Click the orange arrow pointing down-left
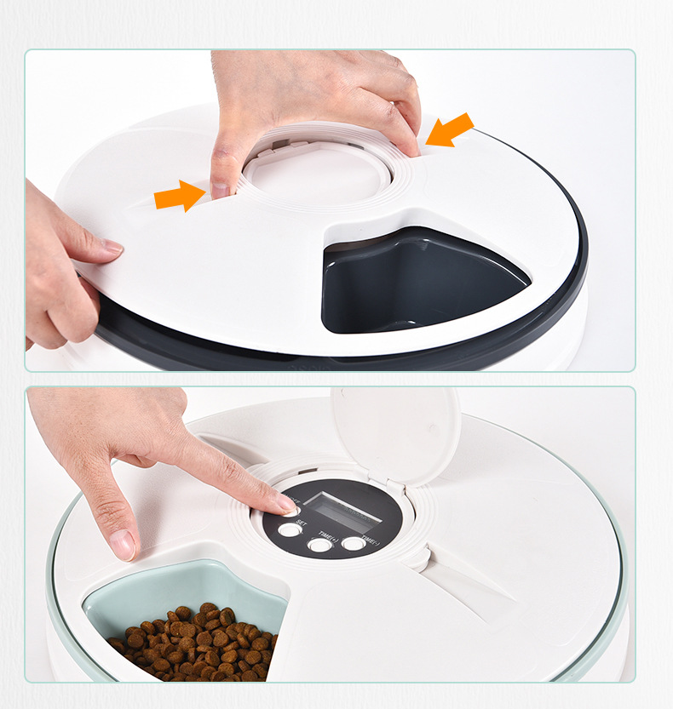[x=449, y=130]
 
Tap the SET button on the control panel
[x=290, y=529]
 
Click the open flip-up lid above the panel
[x=395, y=434]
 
